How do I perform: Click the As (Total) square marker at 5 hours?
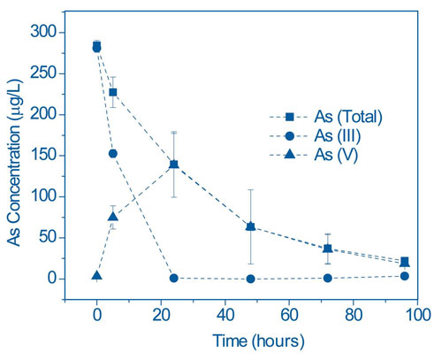112,92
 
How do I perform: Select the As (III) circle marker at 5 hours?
112,153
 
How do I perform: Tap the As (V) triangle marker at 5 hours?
112,217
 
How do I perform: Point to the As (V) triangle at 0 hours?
96,275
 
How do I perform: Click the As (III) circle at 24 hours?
173,278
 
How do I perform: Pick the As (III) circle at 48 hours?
251,279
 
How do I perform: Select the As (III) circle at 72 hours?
328,278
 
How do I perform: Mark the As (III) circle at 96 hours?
405,276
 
